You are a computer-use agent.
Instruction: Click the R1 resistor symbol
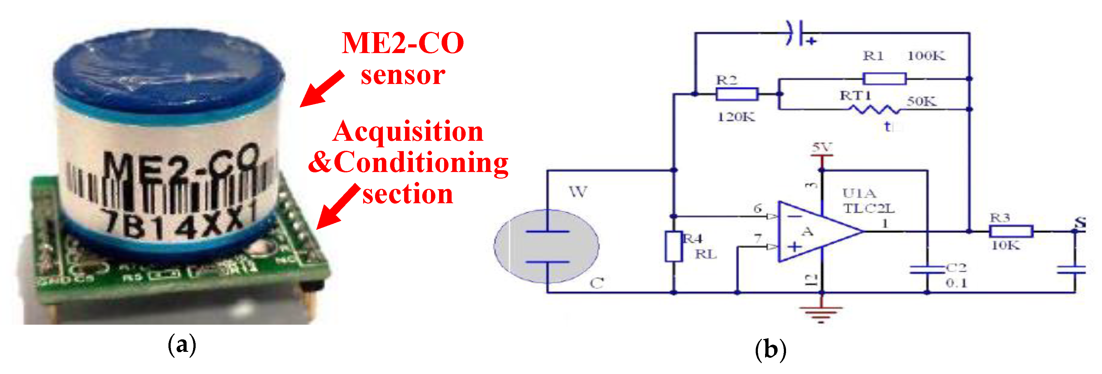[x=884, y=79]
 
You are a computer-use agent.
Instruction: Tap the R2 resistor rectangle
[x=737, y=94]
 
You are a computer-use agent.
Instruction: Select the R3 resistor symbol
[x=1011, y=232]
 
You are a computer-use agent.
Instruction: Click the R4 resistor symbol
[x=673, y=246]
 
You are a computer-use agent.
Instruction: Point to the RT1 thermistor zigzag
[x=874, y=110]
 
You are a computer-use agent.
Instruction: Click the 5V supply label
[x=822, y=147]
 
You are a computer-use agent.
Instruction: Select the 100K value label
[x=926, y=56]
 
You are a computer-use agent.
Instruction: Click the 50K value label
[x=921, y=101]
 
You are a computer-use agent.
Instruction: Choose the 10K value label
[x=1005, y=245]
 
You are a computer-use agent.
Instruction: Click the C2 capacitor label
[x=956, y=268]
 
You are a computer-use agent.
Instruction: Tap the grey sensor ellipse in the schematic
[x=546, y=246]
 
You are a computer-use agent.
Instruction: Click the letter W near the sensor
[x=578, y=192]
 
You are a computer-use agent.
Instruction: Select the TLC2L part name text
[x=869, y=209]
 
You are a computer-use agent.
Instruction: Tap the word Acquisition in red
[x=408, y=131]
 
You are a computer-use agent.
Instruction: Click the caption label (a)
[x=182, y=345]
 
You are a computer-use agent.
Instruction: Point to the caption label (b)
[x=770, y=350]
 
